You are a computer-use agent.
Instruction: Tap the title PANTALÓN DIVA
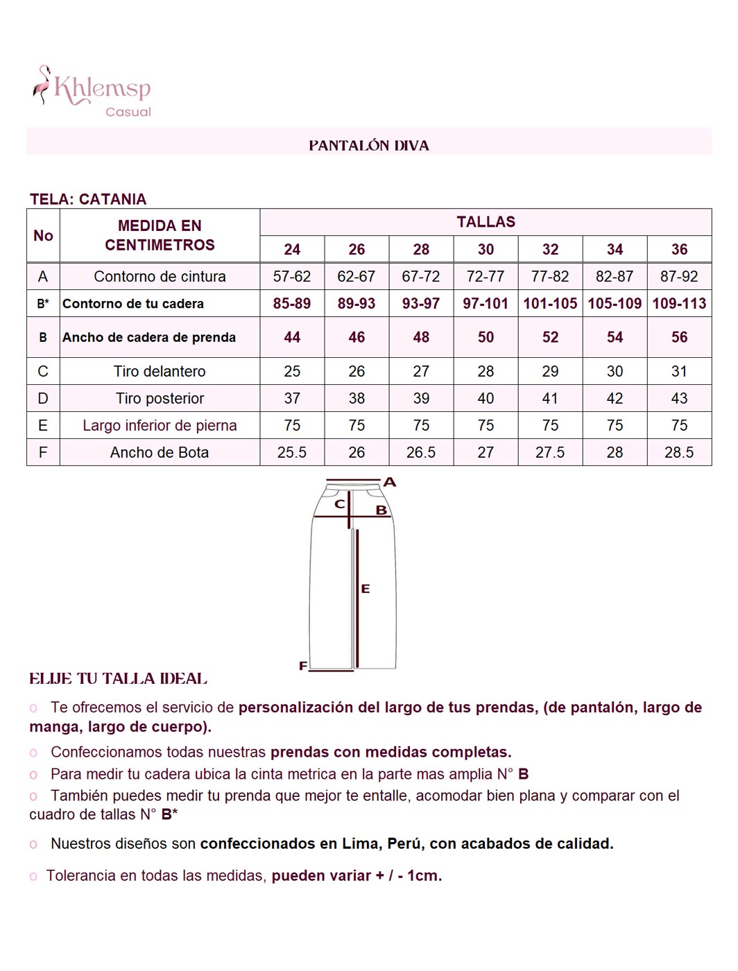click(x=368, y=146)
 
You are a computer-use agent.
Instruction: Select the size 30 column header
click(x=486, y=250)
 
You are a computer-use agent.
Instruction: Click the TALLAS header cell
click(x=486, y=222)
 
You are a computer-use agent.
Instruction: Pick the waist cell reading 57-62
click(x=292, y=277)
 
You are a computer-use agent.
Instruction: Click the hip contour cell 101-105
click(x=550, y=304)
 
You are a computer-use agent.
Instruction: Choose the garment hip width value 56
click(x=679, y=337)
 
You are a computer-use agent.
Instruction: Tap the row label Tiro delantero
click(x=160, y=372)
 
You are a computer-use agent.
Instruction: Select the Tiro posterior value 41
click(x=550, y=399)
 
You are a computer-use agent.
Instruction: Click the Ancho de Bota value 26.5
click(x=421, y=453)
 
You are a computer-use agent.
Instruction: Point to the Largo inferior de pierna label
click(x=160, y=426)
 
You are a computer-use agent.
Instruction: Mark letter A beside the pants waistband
click(x=390, y=482)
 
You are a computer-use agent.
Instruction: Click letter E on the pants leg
click(x=366, y=589)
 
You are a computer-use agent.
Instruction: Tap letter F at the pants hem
click(x=303, y=666)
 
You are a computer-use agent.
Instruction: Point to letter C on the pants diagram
click(x=340, y=504)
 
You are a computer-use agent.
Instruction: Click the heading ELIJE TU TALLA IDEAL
click(x=118, y=679)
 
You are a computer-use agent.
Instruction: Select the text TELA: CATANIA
click(x=88, y=200)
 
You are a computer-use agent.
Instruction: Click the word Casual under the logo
click(x=128, y=112)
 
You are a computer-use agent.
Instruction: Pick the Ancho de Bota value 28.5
click(x=679, y=453)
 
